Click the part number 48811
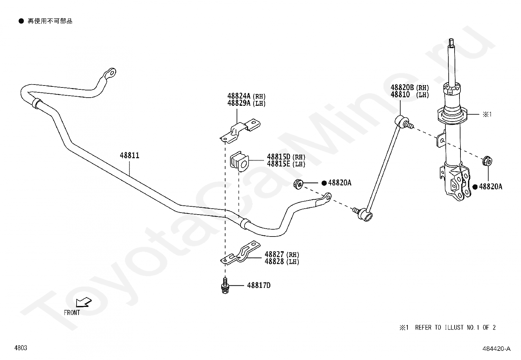(x=130, y=155)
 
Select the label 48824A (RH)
(x=246, y=96)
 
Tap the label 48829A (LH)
(x=246, y=103)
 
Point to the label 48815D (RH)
(x=286, y=157)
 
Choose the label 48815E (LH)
(x=286, y=164)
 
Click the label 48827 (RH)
(x=282, y=254)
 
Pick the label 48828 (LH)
(x=282, y=261)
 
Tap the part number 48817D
(x=259, y=285)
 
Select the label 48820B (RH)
(x=410, y=87)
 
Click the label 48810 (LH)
(x=410, y=94)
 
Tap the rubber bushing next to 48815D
(x=239, y=161)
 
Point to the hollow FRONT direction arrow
(x=84, y=302)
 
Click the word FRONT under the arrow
(x=72, y=313)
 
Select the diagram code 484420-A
(x=496, y=349)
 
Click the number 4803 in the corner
(x=21, y=348)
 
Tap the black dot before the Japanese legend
(x=21, y=21)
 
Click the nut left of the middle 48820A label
(x=298, y=184)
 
